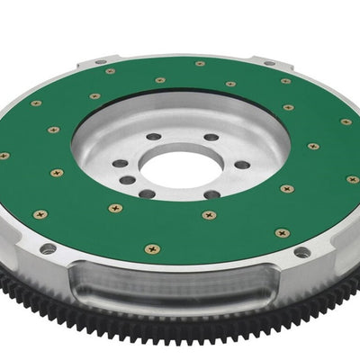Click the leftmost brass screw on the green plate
(4, 156)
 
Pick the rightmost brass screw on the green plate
(352, 179)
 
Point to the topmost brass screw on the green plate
(200, 64)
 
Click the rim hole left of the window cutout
(47, 247)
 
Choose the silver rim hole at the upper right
(269, 66)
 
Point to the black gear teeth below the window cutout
(180, 346)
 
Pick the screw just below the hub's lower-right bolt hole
(209, 214)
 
